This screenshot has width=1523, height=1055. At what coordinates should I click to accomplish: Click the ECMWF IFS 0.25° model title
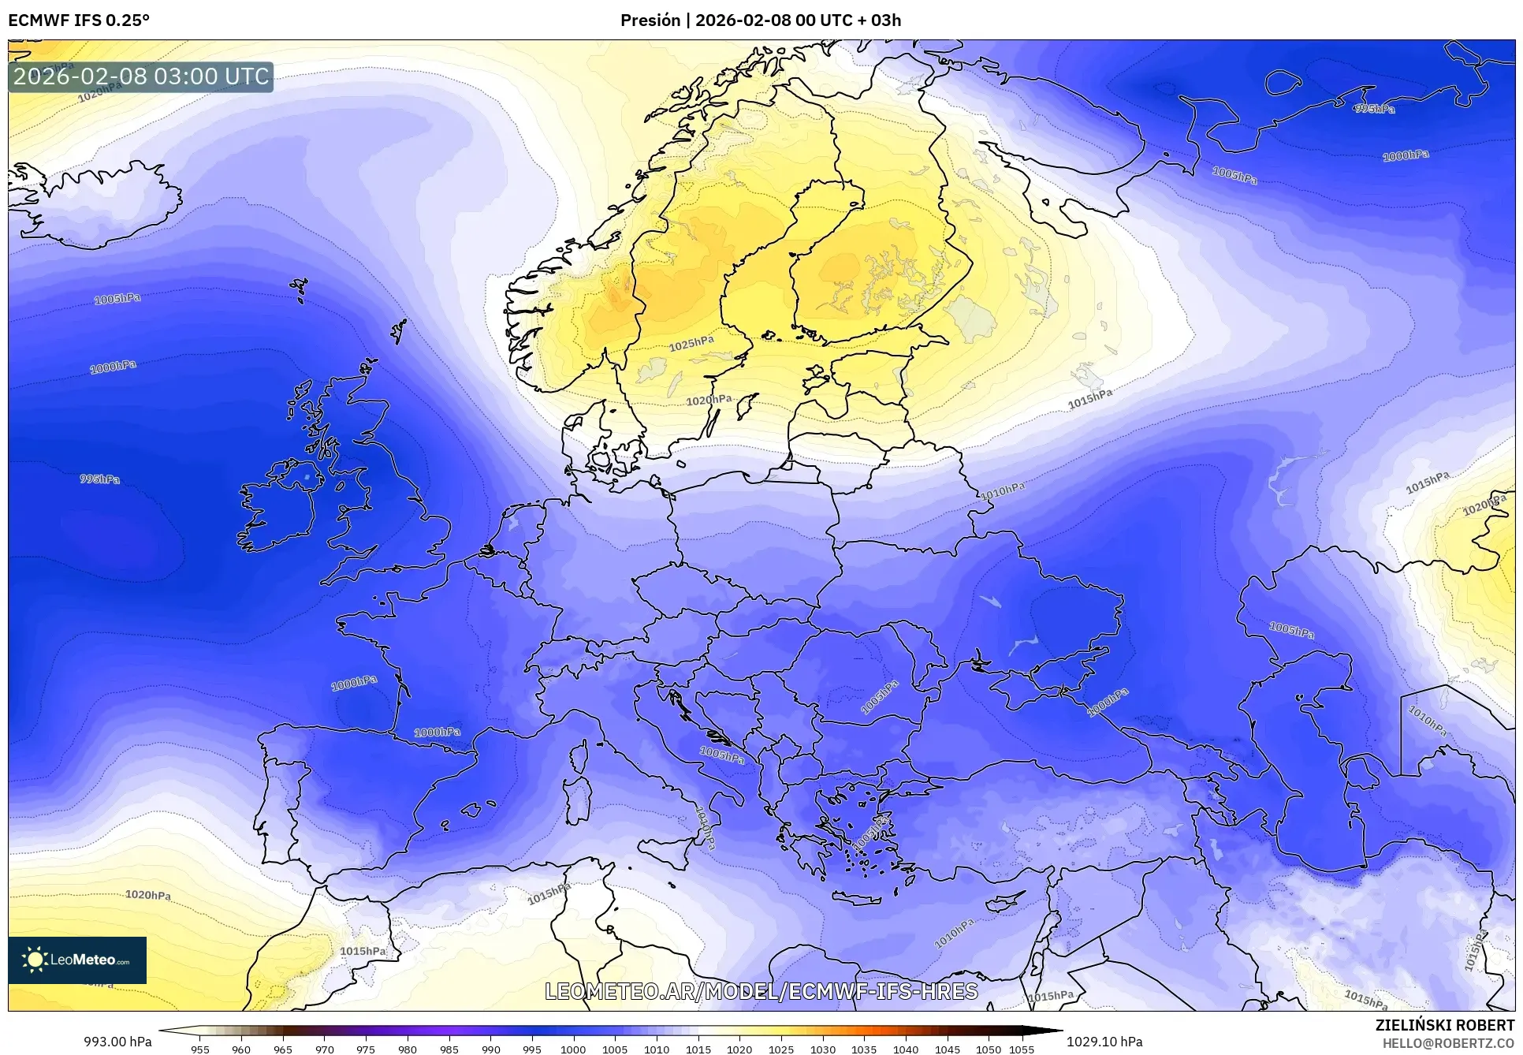[x=78, y=21]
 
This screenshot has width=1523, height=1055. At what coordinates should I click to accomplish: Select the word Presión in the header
[x=650, y=21]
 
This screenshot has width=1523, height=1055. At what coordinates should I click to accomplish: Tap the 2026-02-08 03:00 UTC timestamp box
[x=141, y=76]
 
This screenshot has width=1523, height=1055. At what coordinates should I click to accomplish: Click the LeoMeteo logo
[x=77, y=960]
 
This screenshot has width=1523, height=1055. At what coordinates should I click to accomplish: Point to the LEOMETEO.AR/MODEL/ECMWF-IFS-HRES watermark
[x=761, y=991]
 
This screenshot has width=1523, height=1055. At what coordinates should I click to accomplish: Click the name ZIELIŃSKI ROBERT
[x=1444, y=1025]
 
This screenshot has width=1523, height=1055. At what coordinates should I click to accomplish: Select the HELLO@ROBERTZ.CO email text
[x=1448, y=1043]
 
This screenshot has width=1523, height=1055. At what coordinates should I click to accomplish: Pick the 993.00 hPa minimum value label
[x=117, y=1042]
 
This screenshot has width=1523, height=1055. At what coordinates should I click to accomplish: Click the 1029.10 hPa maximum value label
[x=1104, y=1042]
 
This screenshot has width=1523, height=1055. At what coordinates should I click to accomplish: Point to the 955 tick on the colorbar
[x=200, y=1049]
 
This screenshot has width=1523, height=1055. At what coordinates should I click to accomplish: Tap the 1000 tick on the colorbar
[x=573, y=1049]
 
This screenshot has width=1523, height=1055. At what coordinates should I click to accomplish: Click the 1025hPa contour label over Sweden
[x=691, y=344]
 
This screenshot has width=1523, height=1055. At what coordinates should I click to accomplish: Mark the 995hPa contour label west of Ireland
[x=99, y=479]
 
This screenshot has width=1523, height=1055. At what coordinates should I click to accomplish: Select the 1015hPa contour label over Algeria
[x=363, y=951]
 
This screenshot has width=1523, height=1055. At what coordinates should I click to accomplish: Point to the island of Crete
[x=866, y=899]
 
